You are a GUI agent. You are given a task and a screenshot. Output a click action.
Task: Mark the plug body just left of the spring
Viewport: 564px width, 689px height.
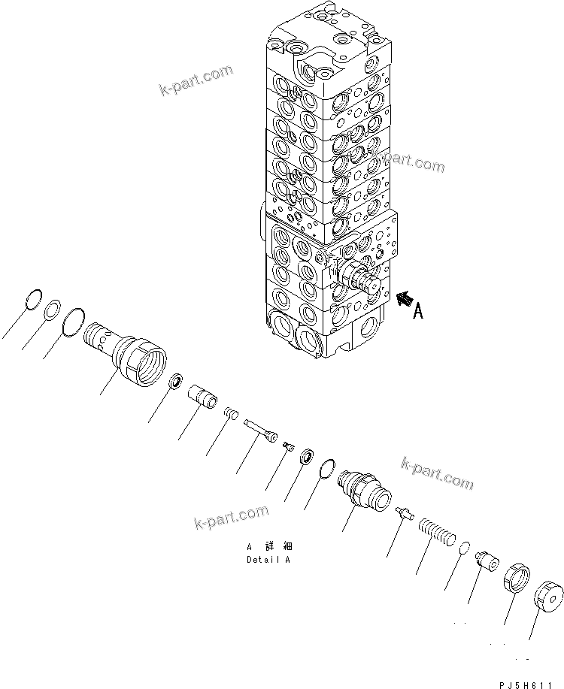(364, 485)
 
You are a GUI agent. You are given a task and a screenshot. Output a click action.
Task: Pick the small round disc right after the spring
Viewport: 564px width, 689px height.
(465, 546)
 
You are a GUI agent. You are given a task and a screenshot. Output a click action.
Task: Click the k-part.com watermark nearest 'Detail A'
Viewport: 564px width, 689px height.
(231, 518)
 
